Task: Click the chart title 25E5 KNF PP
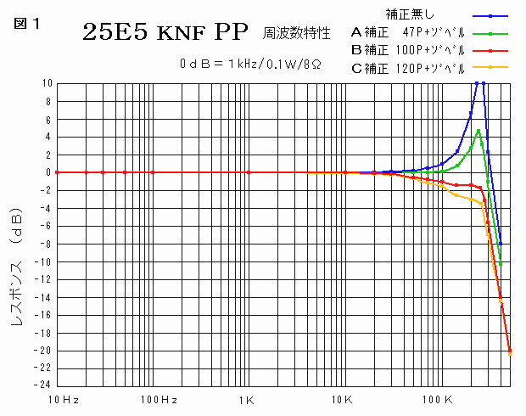pyautogui.click(x=165, y=33)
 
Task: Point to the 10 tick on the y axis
pyautogui.click(x=47, y=83)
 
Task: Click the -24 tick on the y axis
pyautogui.click(x=44, y=384)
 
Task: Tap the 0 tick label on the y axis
pyautogui.click(x=49, y=172)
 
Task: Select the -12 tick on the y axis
pyautogui.click(x=44, y=279)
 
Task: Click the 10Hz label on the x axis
pyautogui.click(x=64, y=399)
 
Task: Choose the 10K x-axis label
pyautogui.click(x=341, y=399)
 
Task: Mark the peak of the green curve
pyautogui.click(x=478, y=131)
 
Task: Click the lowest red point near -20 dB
pyautogui.click(x=510, y=351)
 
